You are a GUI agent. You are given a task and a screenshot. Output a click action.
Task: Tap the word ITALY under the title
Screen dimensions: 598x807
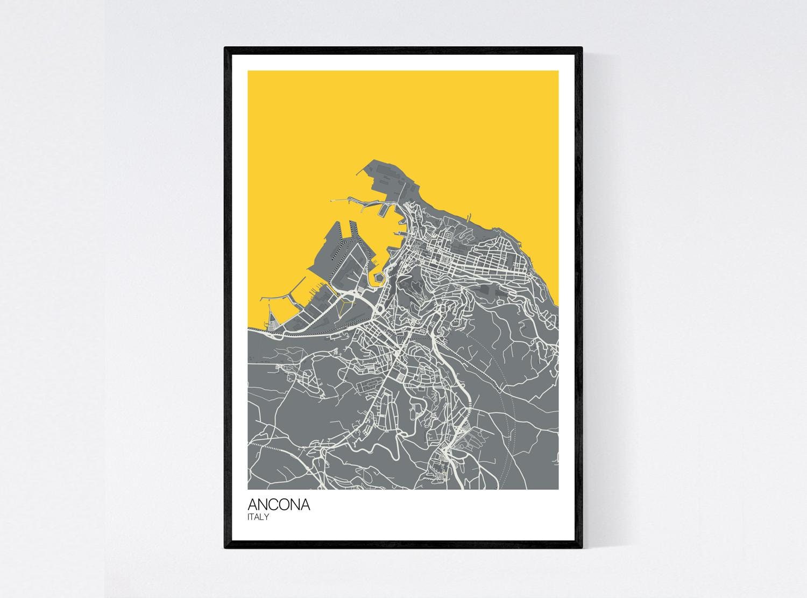(258, 517)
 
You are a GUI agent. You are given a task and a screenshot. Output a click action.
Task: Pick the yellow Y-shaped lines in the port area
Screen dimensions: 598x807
(343, 306)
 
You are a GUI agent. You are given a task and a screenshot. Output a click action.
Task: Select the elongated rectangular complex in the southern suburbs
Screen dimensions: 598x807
(371, 385)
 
